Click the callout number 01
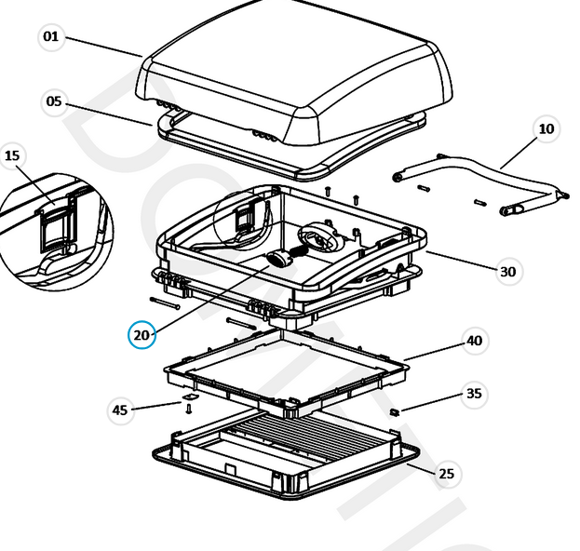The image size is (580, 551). [50, 37]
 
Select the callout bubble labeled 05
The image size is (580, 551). [54, 101]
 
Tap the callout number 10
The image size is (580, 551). [546, 129]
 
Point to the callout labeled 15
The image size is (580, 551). [12, 155]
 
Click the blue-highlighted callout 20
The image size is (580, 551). [142, 334]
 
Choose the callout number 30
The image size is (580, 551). [507, 272]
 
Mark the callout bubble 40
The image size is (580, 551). [475, 342]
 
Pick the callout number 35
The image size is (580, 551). [475, 394]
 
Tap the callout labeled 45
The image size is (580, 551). [120, 410]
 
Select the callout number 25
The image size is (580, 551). [447, 474]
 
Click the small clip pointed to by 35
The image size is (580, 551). [394, 410]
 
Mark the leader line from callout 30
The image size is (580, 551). [461, 261]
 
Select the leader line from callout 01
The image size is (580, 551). [102, 47]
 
